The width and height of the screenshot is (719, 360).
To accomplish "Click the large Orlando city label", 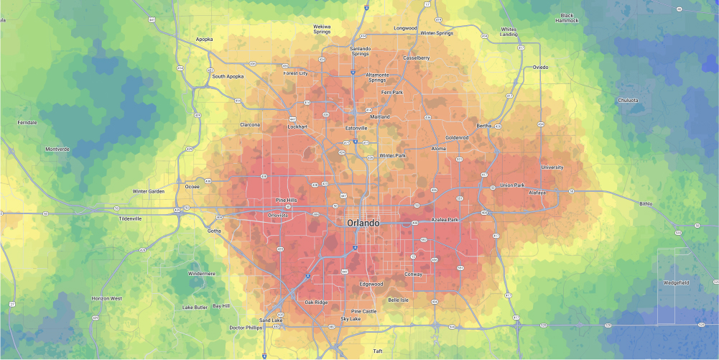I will click(x=363, y=223).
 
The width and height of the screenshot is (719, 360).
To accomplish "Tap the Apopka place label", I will click(x=204, y=40).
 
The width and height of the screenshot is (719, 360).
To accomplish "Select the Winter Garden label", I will click(x=149, y=191).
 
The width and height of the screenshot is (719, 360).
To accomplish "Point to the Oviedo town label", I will click(x=540, y=67).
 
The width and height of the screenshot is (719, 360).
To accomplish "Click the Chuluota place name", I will click(x=627, y=100).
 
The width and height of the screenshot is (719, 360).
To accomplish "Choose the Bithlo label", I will click(x=646, y=204).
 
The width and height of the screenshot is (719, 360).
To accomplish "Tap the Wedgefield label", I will click(x=676, y=282).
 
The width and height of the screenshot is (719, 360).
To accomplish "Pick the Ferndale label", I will click(x=27, y=122).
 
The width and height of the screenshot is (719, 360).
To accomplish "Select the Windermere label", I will click(x=201, y=273).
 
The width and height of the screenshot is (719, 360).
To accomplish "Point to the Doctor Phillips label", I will click(x=246, y=328).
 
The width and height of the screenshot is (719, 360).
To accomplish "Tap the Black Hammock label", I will click(x=567, y=18).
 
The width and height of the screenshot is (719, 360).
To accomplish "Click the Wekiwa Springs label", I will click(x=322, y=29).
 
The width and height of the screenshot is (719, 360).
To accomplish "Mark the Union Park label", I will click(x=512, y=185).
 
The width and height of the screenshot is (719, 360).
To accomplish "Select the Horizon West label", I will click(x=107, y=297).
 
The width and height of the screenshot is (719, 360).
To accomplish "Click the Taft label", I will click(x=378, y=351).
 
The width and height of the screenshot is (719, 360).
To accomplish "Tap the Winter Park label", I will click(x=392, y=155).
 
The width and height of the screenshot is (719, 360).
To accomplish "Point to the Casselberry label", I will click(x=417, y=57).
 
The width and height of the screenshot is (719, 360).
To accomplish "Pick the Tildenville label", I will click(x=130, y=218).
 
